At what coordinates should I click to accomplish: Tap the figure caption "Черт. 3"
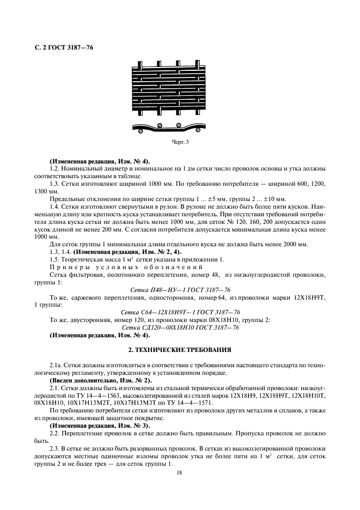coord(180,142)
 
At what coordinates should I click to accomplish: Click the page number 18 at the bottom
coord(180,473)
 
